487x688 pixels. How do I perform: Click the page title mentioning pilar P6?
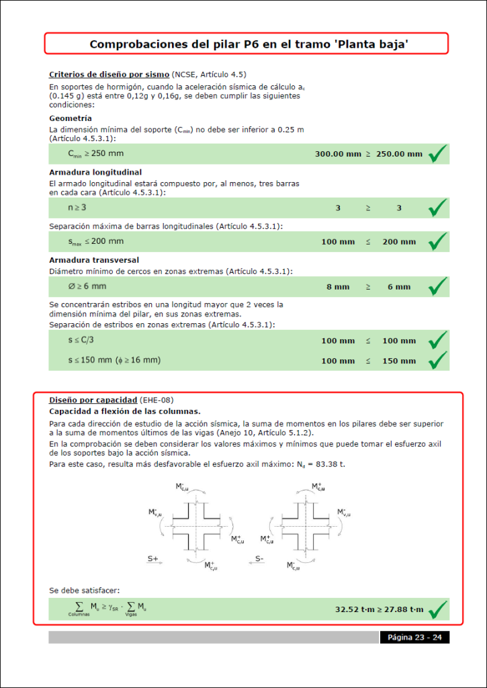point(245,44)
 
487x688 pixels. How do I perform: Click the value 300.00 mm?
point(338,154)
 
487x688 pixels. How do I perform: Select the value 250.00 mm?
point(399,154)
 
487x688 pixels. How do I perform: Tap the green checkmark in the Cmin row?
point(438,154)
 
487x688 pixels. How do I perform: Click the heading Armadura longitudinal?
point(94,172)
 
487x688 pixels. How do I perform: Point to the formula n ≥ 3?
point(77,208)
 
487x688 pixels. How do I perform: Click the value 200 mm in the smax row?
point(399,242)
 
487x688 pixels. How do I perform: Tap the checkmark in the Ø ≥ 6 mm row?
point(438,287)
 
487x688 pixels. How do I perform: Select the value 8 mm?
point(338,287)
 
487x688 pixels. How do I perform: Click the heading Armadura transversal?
point(94,259)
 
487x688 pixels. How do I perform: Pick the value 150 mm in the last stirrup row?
point(399,361)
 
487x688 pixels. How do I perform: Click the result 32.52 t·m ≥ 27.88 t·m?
point(380,609)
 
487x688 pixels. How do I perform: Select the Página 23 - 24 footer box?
point(414,637)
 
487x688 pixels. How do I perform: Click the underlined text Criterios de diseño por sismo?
point(109,74)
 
